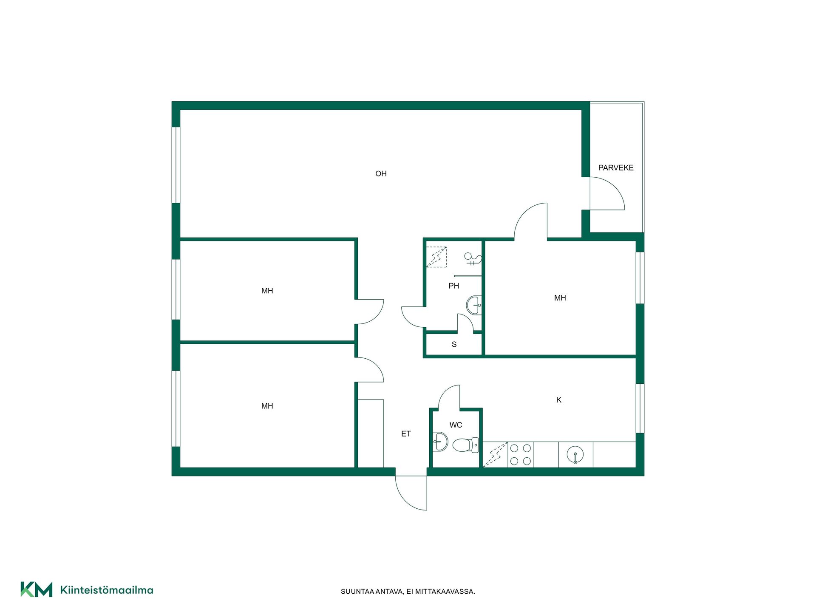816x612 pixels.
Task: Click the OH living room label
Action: [x=381, y=173]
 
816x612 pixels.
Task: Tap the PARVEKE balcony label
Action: [x=616, y=168]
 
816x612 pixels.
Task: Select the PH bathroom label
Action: [x=453, y=286]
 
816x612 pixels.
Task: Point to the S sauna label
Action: [x=454, y=344]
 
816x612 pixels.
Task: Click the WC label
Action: [x=456, y=425]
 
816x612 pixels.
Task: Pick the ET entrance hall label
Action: [x=406, y=434]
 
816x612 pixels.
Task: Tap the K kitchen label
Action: [x=559, y=400]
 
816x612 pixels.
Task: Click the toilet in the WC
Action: [x=466, y=445]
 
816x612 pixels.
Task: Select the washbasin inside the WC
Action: [x=440, y=442]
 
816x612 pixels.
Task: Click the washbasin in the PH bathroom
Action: [x=474, y=305]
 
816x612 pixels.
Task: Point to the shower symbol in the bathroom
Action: [x=473, y=259]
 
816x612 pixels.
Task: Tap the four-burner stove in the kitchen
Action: [x=521, y=454]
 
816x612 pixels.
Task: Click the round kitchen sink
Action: [x=575, y=455]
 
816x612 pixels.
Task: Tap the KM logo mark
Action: [x=37, y=589]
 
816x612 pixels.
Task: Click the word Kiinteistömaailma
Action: [x=107, y=590]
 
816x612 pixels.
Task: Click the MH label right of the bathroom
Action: [x=560, y=298]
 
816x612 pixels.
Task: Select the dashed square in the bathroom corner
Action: [x=436, y=257]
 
